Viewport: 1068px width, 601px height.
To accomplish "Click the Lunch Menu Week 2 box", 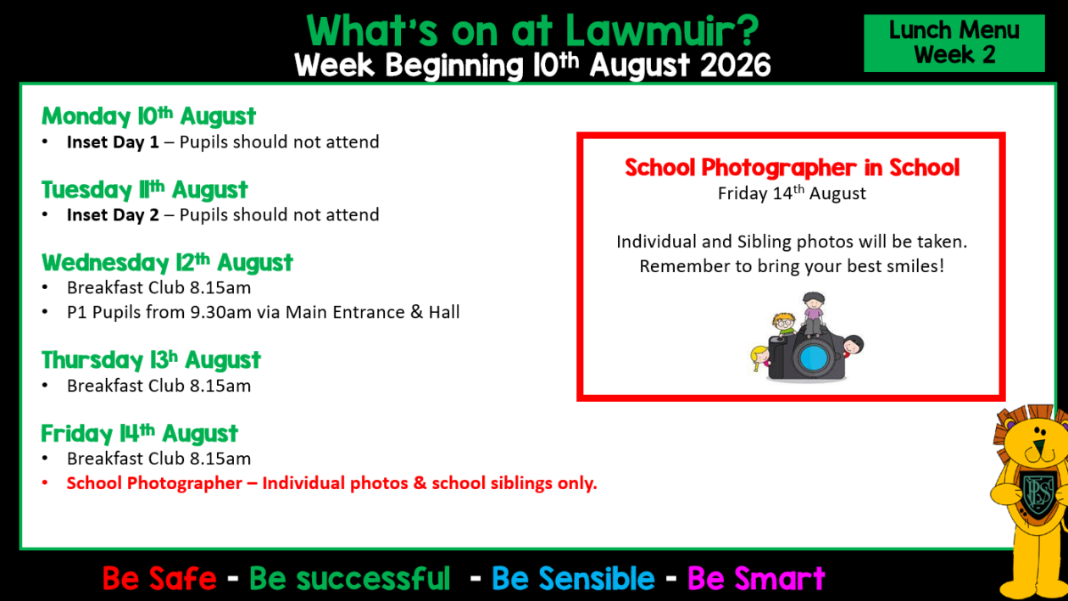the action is pyautogui.click(x=954, y=43).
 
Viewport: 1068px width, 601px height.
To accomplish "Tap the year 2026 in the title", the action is pyautogui.click(x=736, y=65).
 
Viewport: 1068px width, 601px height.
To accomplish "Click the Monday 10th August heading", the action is pyautogui.click(x=149, y=116).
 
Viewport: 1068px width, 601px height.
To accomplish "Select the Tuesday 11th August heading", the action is pyautogui.click(x=144, y=189).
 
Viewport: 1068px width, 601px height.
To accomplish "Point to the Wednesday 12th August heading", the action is pyautogui.click(x=167, y=262).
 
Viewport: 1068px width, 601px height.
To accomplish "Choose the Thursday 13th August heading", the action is pyautogui.click(x=151, y=359).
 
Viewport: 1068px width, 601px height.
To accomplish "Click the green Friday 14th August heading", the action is pyautogui.click(x=139, y=433).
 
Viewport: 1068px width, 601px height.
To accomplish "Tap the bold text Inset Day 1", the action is pyautogui.click(x=113, y=142).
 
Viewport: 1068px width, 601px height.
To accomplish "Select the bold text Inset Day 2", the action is pyautogui.click(x=113, y=215).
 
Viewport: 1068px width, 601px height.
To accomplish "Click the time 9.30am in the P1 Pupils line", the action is pyautogui.click(x=220, y=313).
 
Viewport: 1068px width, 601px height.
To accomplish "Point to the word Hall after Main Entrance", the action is pyautogui.click(x=444, y=313).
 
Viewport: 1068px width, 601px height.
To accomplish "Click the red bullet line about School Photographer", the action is pyautogui.click(x=332, y=483).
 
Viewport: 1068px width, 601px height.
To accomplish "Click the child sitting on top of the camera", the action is pyautogui.click(x=814, y=314).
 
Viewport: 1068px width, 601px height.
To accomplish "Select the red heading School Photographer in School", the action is pyautogui.click(x=792, y=168).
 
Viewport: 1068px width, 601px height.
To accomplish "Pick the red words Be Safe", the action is pyautogui.click(x=159, y=579).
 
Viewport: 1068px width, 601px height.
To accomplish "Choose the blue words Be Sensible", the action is pyautogui.click(x=573, y=579).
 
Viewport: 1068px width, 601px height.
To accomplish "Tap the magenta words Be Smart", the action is pyautogui.click(x=756, y=579).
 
